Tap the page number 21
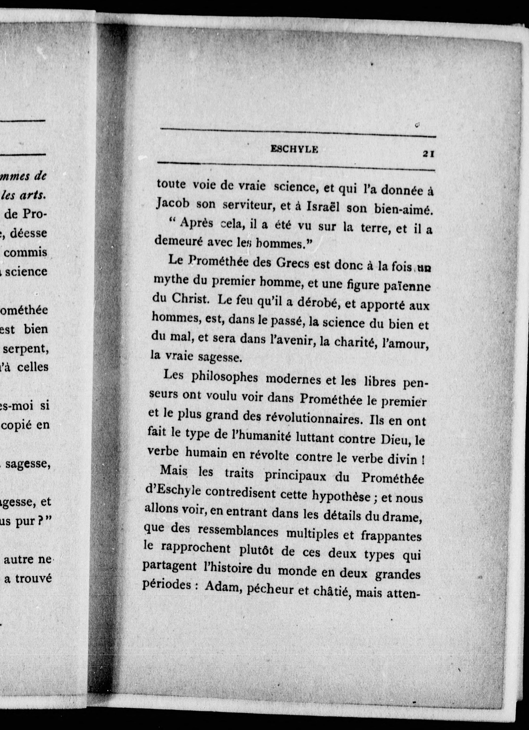click(x=429, y=154)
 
